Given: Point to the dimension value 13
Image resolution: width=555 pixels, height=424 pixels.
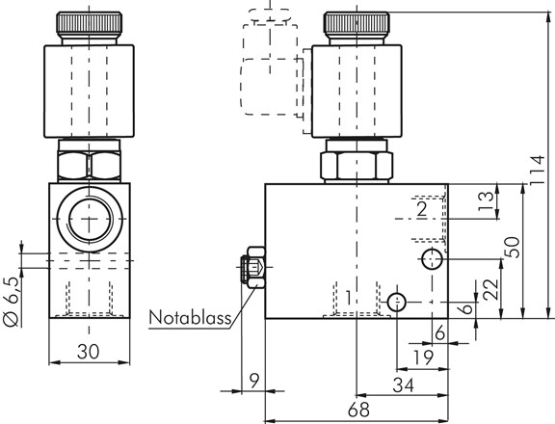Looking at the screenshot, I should coord(487,199).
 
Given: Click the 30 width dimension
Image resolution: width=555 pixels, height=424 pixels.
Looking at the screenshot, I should coord(88,354).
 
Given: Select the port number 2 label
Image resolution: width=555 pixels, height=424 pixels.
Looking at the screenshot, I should coord(420,207).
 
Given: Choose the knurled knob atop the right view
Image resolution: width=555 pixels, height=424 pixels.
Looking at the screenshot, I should coord(357,26).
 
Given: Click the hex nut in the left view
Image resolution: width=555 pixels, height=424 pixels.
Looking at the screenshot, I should coord(89,162).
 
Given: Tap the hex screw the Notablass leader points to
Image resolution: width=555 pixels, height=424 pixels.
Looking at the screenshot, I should coord(252,270).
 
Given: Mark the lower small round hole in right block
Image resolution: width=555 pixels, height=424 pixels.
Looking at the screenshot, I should coord(396,303).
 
